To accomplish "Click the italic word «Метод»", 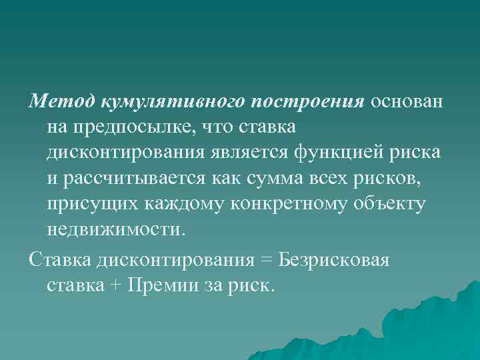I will [62, 101].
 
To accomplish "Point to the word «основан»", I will [410, 101].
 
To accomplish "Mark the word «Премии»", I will [161, 286].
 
